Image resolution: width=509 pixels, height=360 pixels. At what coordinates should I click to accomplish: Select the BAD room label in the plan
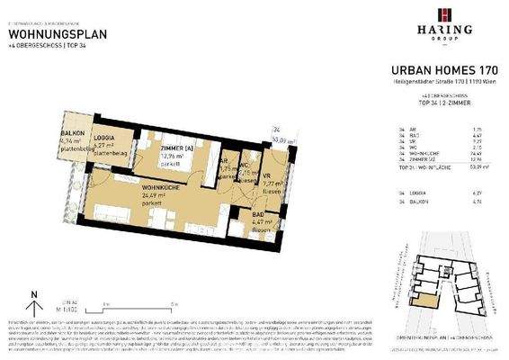[x=256, y=215]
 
